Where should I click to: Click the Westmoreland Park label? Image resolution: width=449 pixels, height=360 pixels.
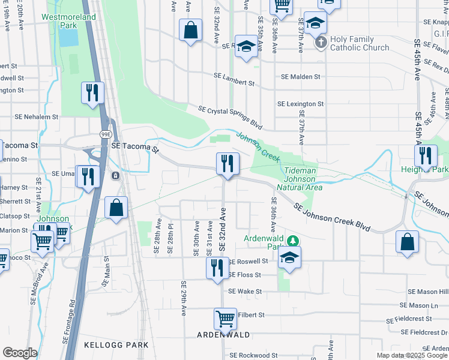pos(68,22)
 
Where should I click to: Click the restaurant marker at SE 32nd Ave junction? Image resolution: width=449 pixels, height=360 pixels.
pos(228,163)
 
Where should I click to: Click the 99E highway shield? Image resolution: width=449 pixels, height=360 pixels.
pos(104,136)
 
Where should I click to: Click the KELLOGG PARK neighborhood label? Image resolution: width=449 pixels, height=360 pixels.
pos(116,345)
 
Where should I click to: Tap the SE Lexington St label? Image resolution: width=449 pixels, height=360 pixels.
pos(300,104)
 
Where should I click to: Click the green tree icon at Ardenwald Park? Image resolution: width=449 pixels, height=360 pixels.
pos(293,241)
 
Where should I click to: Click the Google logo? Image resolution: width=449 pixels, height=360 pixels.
pos(20,352)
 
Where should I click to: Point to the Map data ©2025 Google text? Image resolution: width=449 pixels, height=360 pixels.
pos(412,355)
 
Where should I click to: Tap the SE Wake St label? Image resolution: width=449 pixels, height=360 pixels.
pos(245,292)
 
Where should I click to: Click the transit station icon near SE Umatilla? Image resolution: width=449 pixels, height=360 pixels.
pos(115,176)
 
